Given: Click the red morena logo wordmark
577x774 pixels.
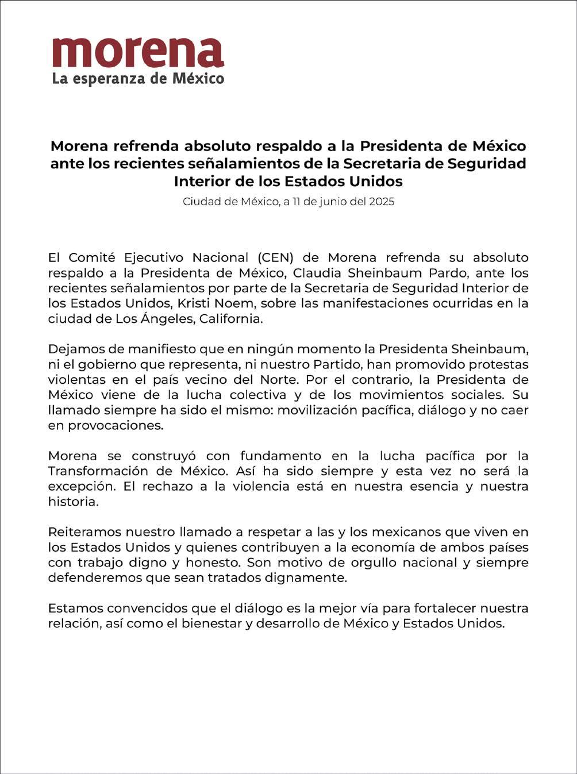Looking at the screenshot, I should coord(138,53).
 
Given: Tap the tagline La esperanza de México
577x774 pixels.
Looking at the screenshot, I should coord(138,78).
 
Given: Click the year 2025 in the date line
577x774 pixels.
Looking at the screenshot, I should coord(382,202).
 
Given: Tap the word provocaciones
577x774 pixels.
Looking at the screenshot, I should coord(116,426).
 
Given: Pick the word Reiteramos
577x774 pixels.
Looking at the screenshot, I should coord(84,532).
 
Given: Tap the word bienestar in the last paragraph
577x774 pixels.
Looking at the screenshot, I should coord(212,623).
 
